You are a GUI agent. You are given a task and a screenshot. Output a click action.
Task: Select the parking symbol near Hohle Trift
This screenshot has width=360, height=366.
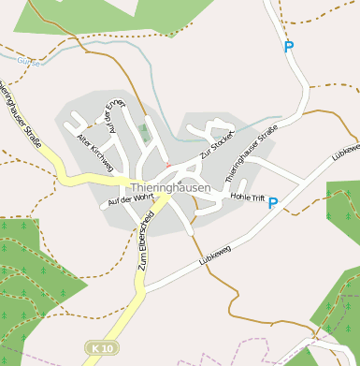pyautogui.click(x=272, y=203)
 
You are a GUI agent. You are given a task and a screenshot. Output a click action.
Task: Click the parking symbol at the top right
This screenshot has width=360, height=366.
pyautogui.click(x=288, y=46)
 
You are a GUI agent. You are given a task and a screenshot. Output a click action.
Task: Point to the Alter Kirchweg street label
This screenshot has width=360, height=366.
pyautogui.click(x=94, y=153)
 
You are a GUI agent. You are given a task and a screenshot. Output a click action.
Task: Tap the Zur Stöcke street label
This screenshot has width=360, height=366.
pyautogui.click(x=216, y=144)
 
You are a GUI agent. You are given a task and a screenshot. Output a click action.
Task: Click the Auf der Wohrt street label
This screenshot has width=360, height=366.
pyautogui.click(x=129, y=198)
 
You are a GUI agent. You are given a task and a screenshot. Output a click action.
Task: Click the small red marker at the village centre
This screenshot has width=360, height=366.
pyautogui.click(x=168, y=166)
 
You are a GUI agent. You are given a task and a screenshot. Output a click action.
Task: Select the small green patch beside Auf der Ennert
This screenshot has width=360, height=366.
pyautogui.click(x=143, y=132)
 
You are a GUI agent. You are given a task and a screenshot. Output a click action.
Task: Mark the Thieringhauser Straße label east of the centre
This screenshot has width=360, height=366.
pyautogui.click(x=252, y=154)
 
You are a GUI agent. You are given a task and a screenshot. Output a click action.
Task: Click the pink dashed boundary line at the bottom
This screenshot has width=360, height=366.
pyautogui.click(x=234, y=338)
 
